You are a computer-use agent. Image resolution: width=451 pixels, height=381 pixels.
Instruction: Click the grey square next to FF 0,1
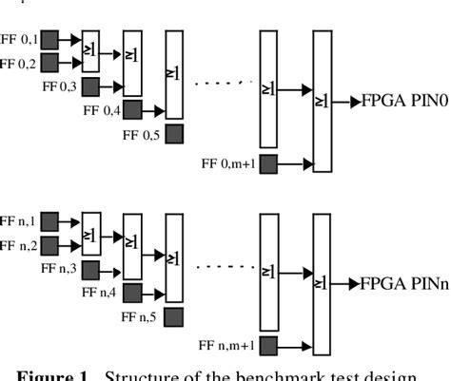[x=49, y=39]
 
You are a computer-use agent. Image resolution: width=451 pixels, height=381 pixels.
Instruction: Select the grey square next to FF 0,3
[x=91, y=87]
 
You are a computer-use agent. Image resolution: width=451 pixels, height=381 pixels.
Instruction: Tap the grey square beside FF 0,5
[x=174, y=134]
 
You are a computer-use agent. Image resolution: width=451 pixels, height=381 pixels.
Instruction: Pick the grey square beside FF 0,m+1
[x=269, y=163]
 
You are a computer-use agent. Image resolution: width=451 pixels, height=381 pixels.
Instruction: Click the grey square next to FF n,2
[x=49, y=247]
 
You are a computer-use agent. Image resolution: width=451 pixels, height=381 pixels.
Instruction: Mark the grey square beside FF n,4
[x=133, y=294]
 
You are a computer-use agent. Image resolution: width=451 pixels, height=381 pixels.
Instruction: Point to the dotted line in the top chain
[x=224, y=82]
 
